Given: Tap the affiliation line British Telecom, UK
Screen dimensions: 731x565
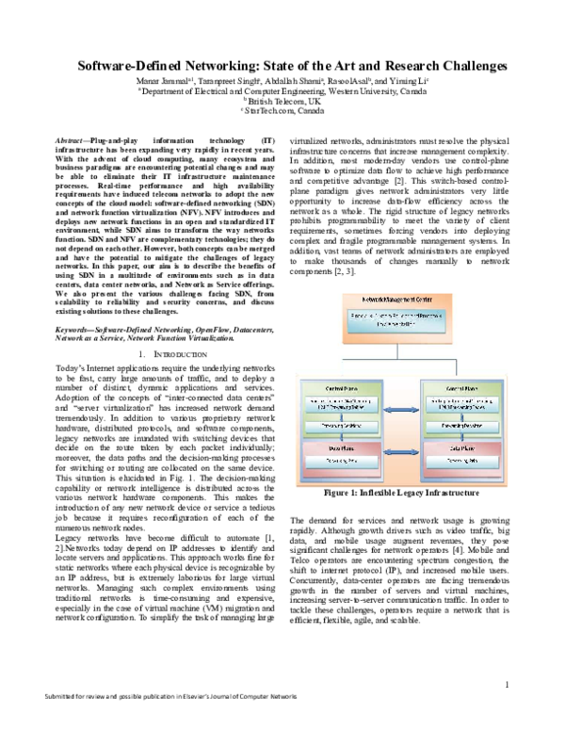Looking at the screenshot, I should point(282,102).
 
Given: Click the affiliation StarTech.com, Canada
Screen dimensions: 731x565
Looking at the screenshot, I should point(283,111).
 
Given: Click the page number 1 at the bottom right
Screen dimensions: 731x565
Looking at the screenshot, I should point(508,685).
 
